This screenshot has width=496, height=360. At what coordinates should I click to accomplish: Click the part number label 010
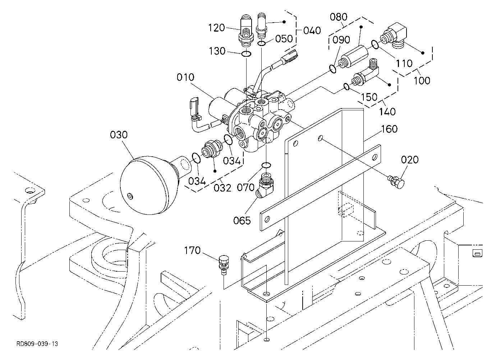click(x=185, y=77)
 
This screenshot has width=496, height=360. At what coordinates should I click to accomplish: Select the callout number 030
click(x=119, y=135)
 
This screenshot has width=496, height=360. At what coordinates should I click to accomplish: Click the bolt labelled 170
click(x=224, y=265)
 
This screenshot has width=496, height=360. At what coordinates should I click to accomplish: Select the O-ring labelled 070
click(x=266, y=165)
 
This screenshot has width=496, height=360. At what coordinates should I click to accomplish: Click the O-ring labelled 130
click(x=246, y=54)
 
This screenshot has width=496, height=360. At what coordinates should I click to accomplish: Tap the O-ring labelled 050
click(x=262, y=43)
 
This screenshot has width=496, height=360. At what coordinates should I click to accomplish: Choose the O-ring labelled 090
click(x=333, y=69)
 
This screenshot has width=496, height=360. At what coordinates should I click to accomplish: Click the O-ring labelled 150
click(x=346, y=87)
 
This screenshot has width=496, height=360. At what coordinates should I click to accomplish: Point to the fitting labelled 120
click(x=245, y=31)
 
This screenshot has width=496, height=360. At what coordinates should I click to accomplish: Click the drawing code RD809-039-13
click(x=37, y=344)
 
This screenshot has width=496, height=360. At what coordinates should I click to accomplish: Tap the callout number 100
click(x=422, y=80)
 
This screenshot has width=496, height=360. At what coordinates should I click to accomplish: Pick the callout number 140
click(x=387, y=112)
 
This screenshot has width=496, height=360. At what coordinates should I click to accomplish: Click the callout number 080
click(x=339, y=17)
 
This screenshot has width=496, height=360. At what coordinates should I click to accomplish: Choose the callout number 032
click(x=222, y=188)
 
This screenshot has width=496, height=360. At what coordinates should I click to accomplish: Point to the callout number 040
click(x=312, y=31)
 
